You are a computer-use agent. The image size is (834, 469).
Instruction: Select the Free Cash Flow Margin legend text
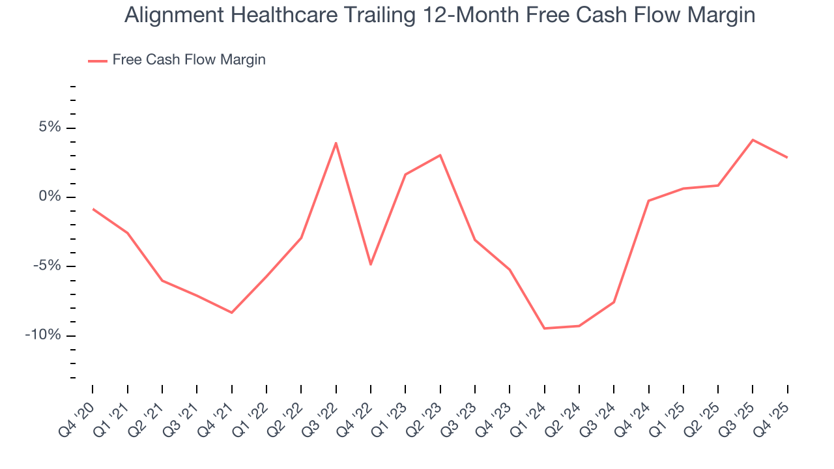pos(189,60)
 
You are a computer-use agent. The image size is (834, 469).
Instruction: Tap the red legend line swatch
pos(97,61)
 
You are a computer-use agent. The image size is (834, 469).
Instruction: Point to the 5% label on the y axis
pos(50,127)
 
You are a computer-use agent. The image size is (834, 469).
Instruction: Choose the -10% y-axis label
pos(43,335)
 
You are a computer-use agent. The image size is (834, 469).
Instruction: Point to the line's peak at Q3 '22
pos(336,143)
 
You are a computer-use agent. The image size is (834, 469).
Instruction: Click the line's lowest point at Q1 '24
pos(544,328)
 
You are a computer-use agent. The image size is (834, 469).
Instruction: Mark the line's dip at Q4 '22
pos(371,264)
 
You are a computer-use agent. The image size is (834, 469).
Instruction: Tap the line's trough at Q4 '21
pos(232,313)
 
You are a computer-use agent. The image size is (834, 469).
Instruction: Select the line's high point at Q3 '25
pos(753,139)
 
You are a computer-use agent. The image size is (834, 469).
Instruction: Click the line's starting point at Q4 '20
pos(93,209)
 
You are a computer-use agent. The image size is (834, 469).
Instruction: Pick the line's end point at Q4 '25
pos(787,158)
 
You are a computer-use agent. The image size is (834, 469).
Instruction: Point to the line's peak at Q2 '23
pos(440,155)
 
